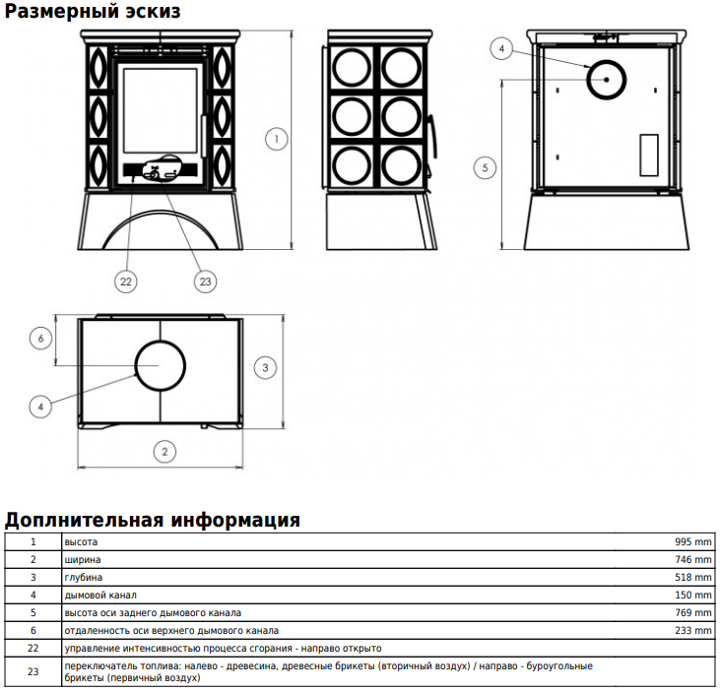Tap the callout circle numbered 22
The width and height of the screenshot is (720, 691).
coord(126,282)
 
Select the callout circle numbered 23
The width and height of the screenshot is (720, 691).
coord(205,282)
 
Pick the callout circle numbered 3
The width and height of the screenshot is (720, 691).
coord(265,367)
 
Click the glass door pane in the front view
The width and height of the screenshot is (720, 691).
coord(161,110)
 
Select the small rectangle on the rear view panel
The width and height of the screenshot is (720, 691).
coord(649,156)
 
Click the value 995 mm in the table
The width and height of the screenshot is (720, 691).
coord(692,542)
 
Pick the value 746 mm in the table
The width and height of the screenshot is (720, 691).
coord(692,560)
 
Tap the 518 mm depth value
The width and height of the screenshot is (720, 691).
coord(692,577)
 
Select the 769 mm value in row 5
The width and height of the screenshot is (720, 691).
coord(692,612)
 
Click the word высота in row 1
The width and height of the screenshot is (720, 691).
coord(81,542)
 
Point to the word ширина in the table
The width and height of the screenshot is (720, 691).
coord(83,560)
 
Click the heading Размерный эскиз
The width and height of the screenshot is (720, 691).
coord(93,11)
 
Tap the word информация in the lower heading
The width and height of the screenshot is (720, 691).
coord(235,520)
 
